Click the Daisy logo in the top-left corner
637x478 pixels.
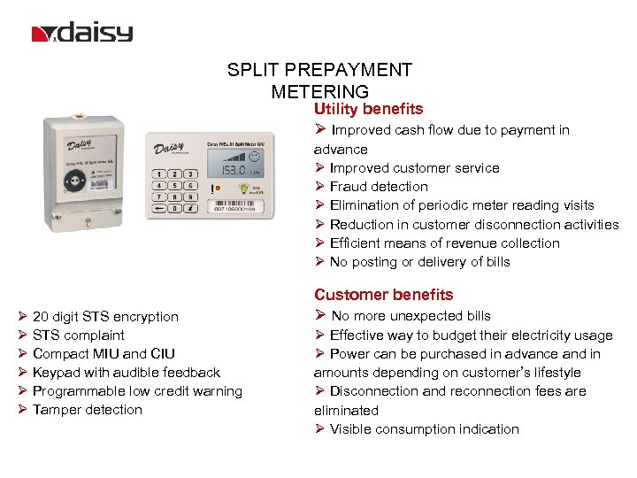(x=82, y=34)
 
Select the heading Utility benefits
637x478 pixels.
(x=368, y=109)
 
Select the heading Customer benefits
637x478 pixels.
(x=383, y=295)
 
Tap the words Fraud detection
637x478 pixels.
(x=379, y=187)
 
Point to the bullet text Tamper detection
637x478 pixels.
(x=88, y=410)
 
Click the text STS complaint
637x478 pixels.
(x=79, y=335)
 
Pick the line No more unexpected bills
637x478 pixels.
(x=410, y=316)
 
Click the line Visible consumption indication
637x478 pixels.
(x=424, y=429)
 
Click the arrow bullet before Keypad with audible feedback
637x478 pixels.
(x=22, y=373)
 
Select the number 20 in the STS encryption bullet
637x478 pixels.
(x=41, y=317)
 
